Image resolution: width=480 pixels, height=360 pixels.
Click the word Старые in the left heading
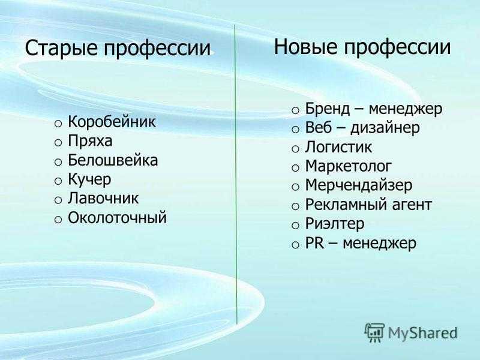[x=62, y=49]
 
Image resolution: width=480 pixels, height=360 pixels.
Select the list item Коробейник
[x=112, y=122]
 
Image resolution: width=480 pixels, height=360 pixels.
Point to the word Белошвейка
[x=113, y=160]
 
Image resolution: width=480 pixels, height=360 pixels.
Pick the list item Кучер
[x=89, y=180]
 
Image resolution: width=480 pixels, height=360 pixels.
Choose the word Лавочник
[x=103, y=199]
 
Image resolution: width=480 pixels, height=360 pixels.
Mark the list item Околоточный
[x=117, y=218]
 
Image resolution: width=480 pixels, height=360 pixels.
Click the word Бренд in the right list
[x=327, y=109]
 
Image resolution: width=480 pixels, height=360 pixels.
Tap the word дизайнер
[x=385, y=128]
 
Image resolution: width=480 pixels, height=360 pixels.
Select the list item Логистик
[x=338, y=147]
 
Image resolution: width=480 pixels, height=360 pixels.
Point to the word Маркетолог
[x=349, y=166]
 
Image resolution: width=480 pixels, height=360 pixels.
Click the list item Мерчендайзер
[x=358, y=186]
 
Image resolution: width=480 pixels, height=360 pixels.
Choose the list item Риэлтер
[x=335, y=224]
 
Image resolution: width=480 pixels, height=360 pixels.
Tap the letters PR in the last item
[x=314, y=244]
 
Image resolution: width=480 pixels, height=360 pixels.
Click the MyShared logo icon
[x=374, y=332]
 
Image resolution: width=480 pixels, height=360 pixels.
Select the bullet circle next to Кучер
[x=58, y=181]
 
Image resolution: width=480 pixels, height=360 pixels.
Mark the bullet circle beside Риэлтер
[x=295, y=226]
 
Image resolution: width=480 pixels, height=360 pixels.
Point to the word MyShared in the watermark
[x=423, y=333]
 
